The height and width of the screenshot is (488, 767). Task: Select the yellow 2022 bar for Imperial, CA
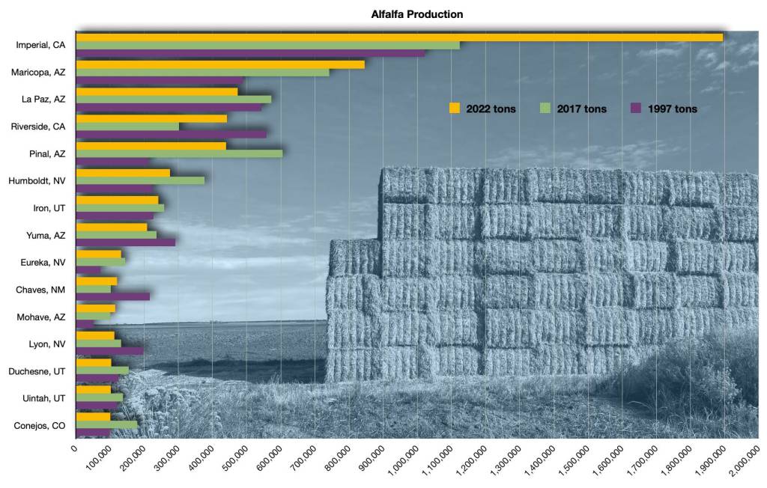(x=399, y=37)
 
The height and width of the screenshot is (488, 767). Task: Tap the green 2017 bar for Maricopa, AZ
(x=202, y=73)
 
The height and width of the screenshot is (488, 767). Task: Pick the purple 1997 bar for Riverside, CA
(x=171, y=134)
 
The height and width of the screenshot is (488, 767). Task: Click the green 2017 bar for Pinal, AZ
(x=179, y=153)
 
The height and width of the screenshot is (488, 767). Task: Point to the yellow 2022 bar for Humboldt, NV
(x=123, y=173)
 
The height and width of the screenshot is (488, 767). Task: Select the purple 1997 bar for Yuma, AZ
(x=125, y=243)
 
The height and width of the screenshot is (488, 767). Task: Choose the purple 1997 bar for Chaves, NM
(x=112, y=296)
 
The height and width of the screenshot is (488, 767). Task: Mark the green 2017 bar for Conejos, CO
(x=106, y=424)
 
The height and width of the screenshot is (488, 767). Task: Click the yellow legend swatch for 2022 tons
(x=455, y=109)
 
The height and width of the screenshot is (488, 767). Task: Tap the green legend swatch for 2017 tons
(x=546, y=109)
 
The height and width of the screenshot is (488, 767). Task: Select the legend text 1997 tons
(x=674, y=109)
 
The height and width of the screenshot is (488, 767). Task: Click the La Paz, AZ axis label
(x=43, y=99)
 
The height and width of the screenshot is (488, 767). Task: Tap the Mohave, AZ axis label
(x=41, y=317)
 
